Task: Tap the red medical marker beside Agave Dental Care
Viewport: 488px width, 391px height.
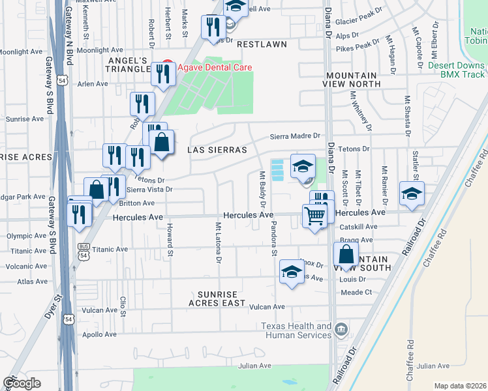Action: point(167,66)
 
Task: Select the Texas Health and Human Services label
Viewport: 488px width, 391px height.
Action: point(296,330)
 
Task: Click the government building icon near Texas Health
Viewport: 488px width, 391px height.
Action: point(341,330)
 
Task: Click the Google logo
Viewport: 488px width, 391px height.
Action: point(22,383)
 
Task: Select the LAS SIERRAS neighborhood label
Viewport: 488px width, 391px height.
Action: point(217,150)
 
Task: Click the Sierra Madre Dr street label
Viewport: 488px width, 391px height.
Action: point(297,136)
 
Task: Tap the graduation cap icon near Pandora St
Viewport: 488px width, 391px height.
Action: point(292,272)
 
